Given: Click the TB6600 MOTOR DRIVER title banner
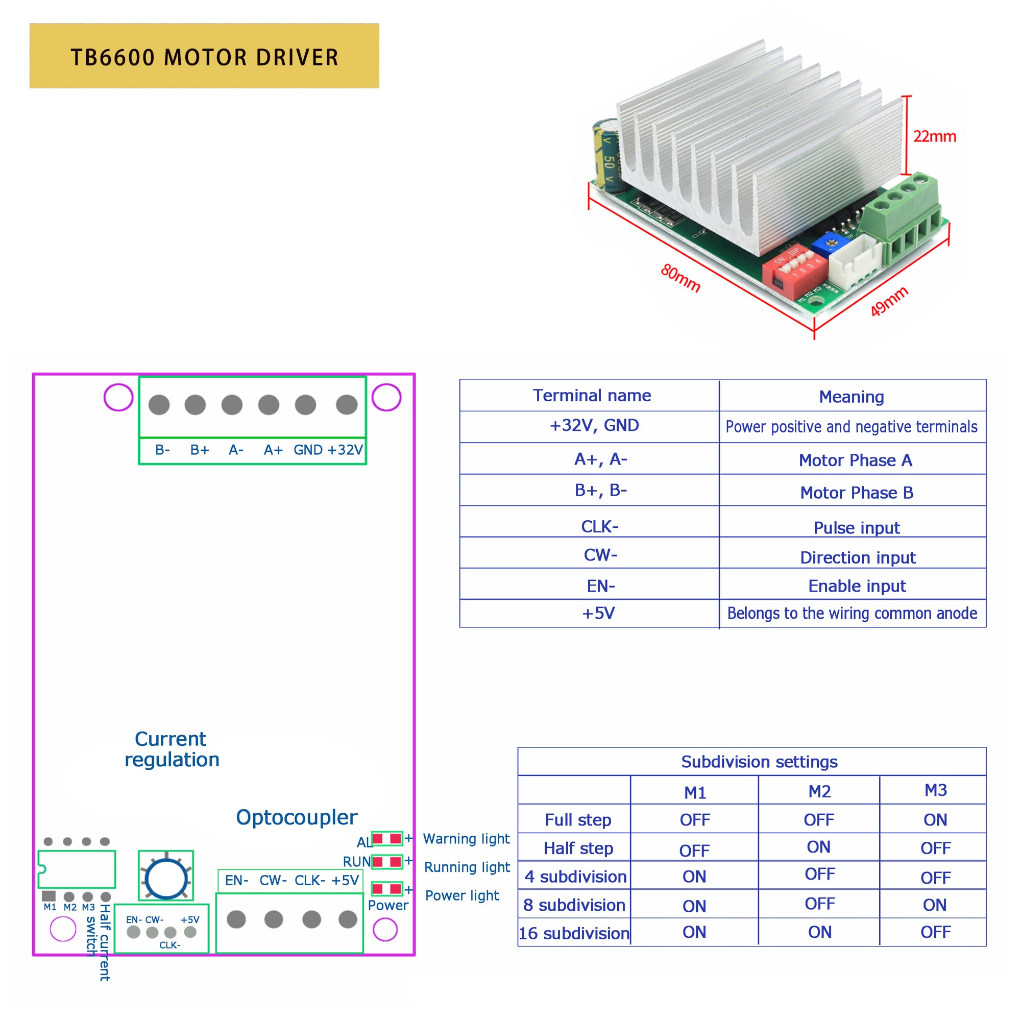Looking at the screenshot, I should coord(204,56).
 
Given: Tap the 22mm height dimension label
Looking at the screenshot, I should coord(934,136).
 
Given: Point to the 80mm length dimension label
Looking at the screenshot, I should coord(680,278).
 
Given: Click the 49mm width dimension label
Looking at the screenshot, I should coord(889,301).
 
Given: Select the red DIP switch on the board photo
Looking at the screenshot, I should coord(794,270).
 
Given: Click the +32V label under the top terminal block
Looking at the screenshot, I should coord(345,450).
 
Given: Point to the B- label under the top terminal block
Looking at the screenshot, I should coord(162,450).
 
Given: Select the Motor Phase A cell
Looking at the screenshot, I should coord(855,460).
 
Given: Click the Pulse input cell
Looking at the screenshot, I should coord(856,527).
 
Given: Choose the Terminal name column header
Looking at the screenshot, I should coord(591,395).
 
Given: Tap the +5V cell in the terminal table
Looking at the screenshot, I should coord(598,613).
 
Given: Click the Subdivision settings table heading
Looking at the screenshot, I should coord(759,762).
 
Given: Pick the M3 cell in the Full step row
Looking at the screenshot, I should coord(935,820).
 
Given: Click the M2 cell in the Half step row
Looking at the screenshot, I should coord(819,847).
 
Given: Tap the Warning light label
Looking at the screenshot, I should coord(466,839).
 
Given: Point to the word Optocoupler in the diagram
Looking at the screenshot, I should coord(297,817).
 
